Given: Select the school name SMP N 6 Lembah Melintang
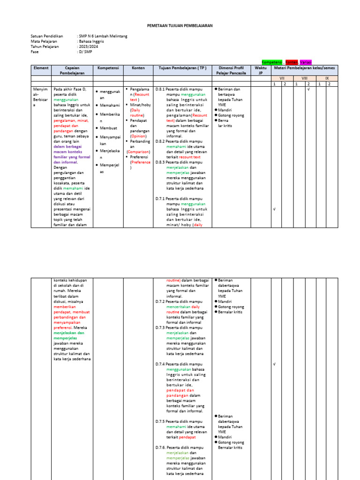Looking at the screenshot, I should pyautogui.click(x=103, y=36).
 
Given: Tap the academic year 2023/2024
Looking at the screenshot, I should pyautogui.click(x=89, y=46).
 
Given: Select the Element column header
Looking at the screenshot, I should pyautogui.click(x=41, y=68).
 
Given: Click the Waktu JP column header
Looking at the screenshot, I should pyautogui.click(x=261, y=70).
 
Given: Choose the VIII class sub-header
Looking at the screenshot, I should pyautogui.click(x=304, y=78).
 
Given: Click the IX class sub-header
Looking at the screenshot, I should pyautogui.click(x=327, y=78).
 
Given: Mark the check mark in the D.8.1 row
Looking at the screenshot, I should pyautogui.click(x=308, y=89).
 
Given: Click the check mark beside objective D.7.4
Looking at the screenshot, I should pyautogui.click(x=274, y=364).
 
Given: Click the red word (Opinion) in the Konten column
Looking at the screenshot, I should pyautogui.click(x=138, y=136).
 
